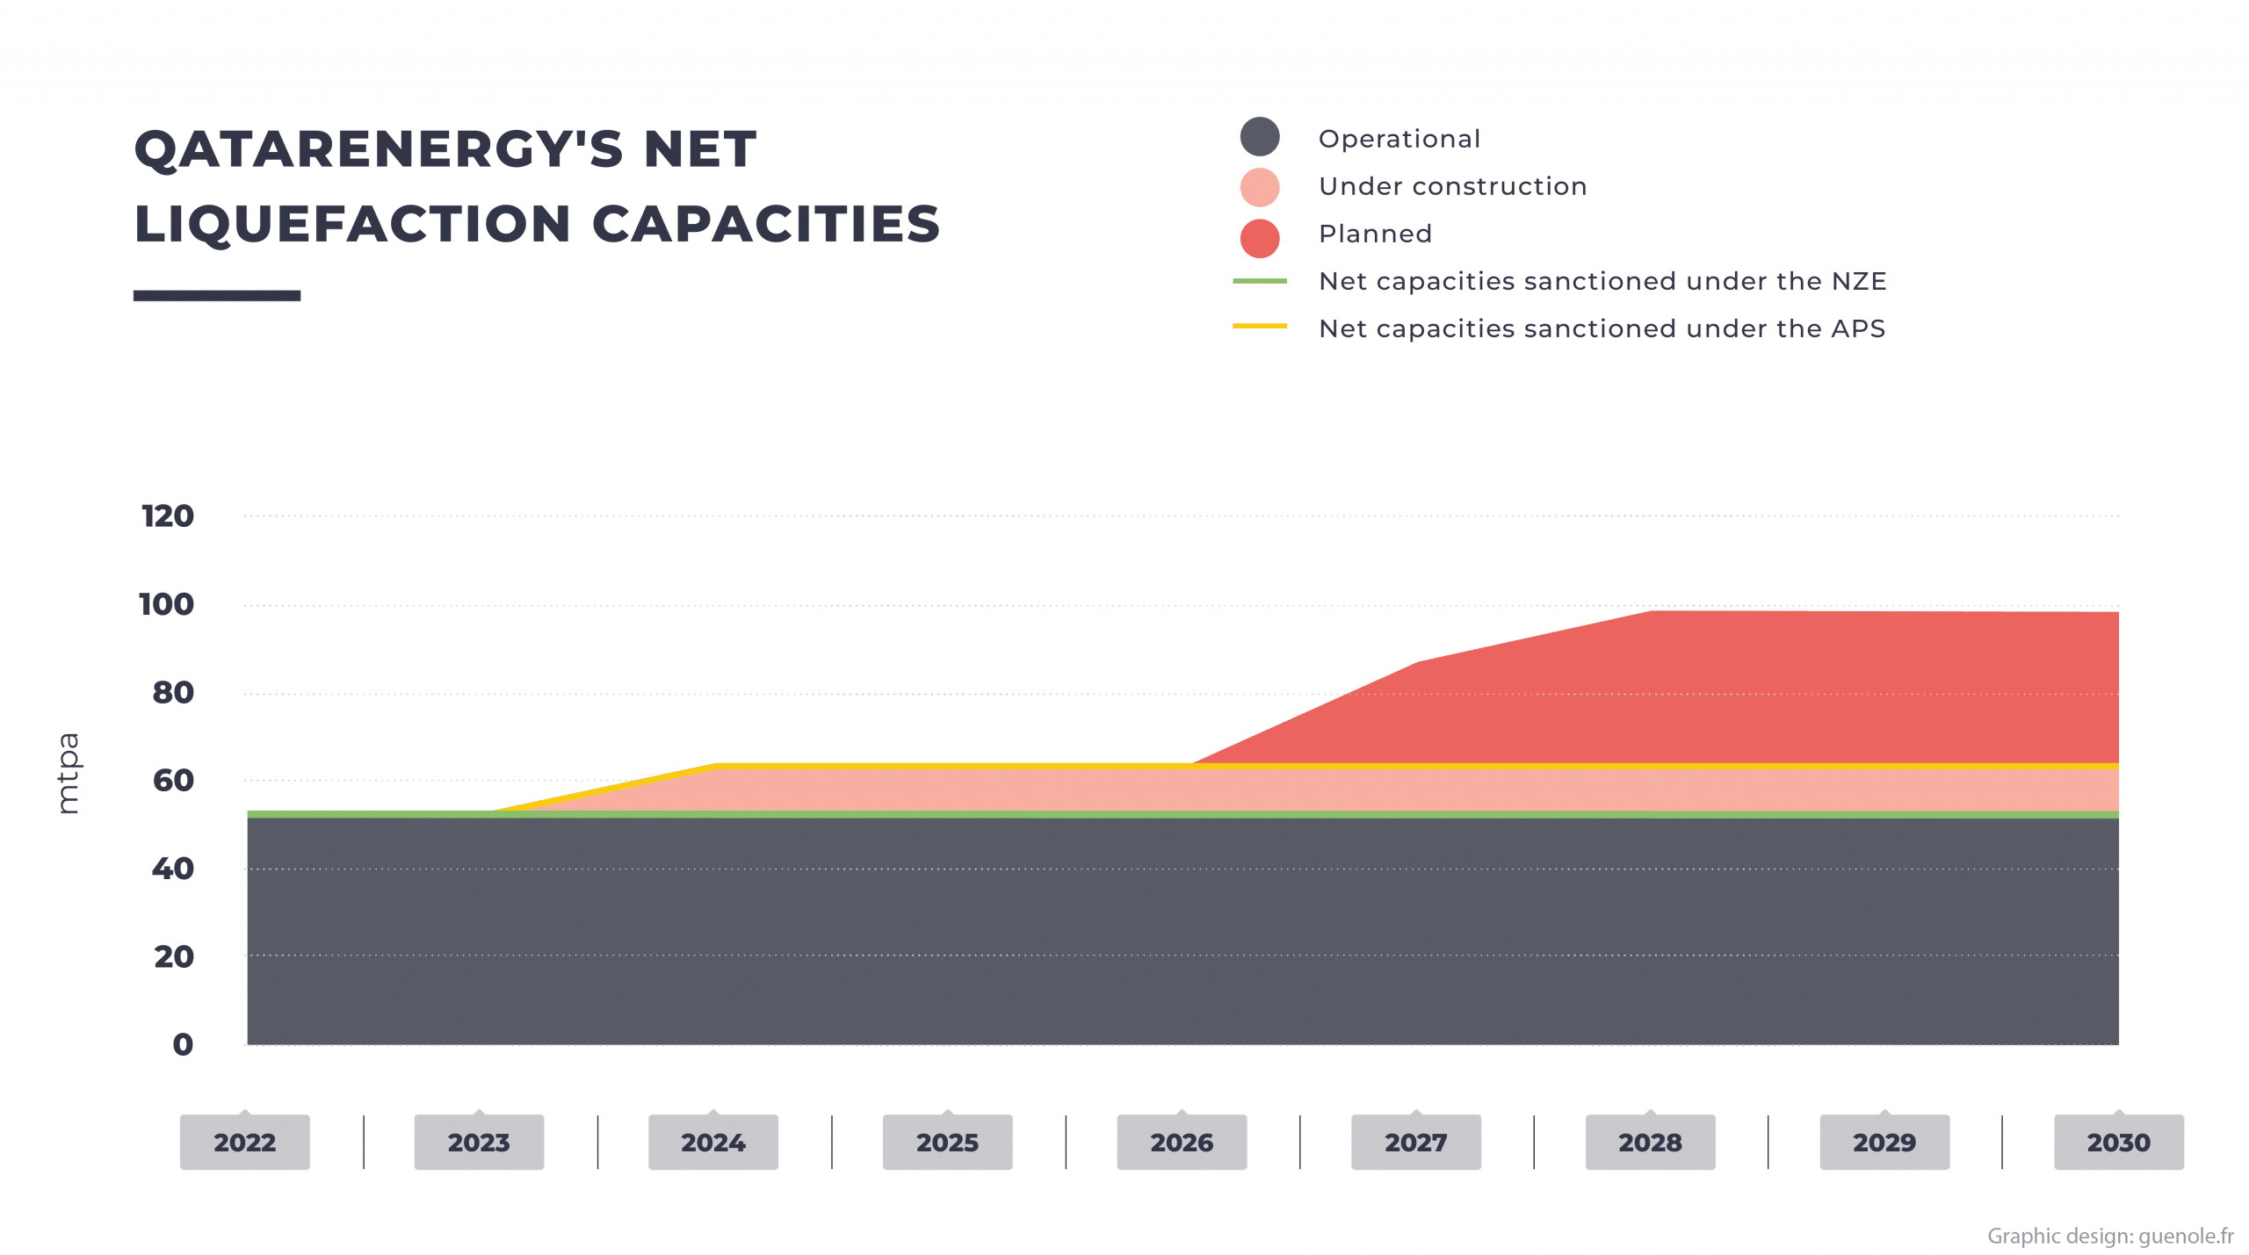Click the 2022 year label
tap(244, 1142)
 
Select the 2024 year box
tap(712, 1142)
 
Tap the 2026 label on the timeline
tap(1182, 1142)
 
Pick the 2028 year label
tap(1650, 1142)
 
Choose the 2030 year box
tap(2118, 1142)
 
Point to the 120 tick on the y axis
tap(167, 516)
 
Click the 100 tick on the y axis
tap(167, 604)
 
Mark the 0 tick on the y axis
tap(183, 1044)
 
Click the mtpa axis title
tap(68, 775)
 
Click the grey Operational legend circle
tap(1260, 138)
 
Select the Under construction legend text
tap(1452, 186)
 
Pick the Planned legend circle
tap(1260, 237)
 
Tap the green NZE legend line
tap(1260, 282)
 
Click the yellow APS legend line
tap(1260, 326)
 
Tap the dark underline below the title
tap(217, 296)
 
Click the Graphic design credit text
tap(2110, 1237)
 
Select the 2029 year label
tap(1884, 1142)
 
